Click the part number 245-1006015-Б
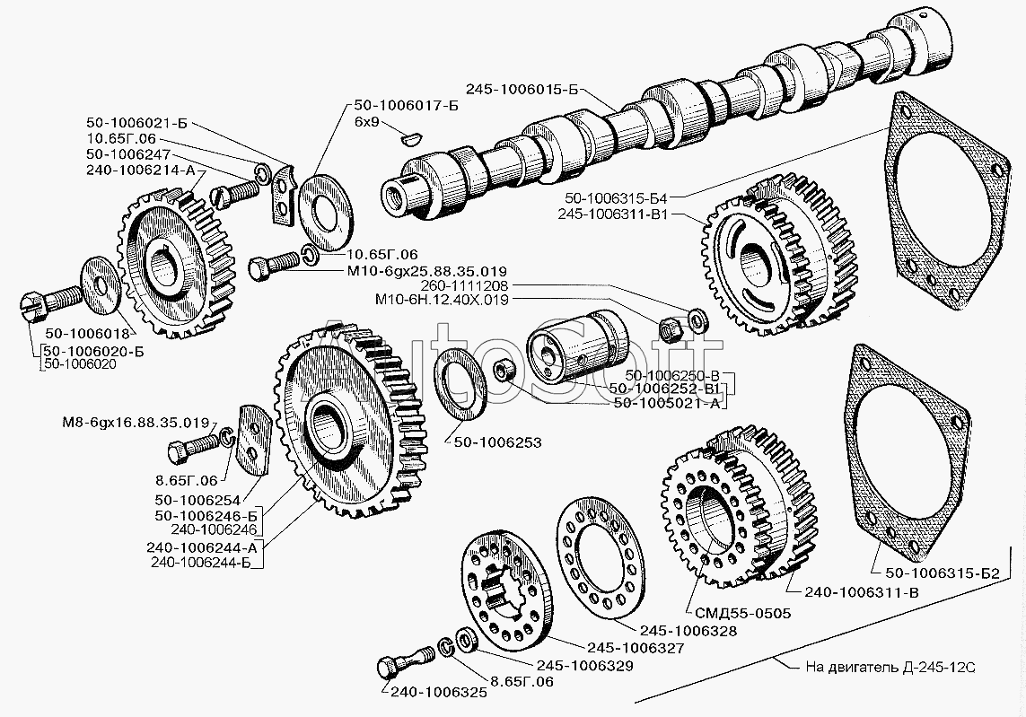pyautogui.click(x=522, y=89)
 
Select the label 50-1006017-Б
pyautogui.click(x=406, y=105)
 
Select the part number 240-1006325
pyautogui.click(x=439, y=693)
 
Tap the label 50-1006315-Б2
pyautogui.click(x=943, y=573)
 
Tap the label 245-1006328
pyautogui.click(x=688, y=631)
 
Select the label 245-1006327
pyautogui.click(x=636, y=648)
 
